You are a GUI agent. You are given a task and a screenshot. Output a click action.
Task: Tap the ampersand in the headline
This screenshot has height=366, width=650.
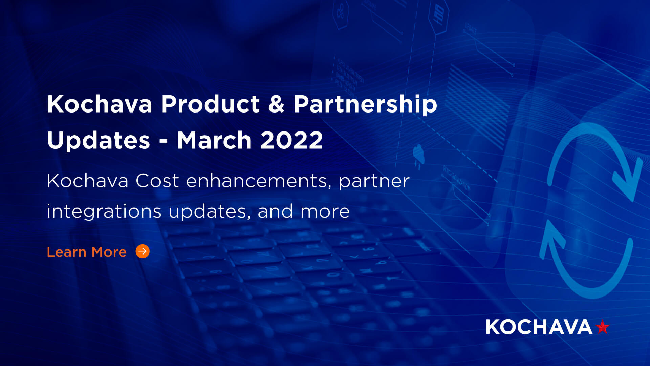point(276,104)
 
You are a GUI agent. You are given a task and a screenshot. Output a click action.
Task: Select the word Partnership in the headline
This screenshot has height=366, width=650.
point(365,104)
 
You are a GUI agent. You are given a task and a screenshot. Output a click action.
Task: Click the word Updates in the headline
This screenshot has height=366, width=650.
point(98,140)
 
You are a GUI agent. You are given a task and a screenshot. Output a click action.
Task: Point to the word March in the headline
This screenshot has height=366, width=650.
point(214,140)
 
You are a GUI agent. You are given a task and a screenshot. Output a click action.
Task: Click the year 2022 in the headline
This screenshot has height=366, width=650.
point(291,140)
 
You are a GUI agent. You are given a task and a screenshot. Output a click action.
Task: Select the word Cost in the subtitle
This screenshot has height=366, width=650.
point(157,181)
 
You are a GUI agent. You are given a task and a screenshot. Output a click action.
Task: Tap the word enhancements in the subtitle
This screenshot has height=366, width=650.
point(259,181)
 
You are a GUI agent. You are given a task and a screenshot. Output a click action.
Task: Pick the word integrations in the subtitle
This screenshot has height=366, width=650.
point(104,211)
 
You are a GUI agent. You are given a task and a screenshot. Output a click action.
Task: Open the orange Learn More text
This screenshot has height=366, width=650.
point(87,252)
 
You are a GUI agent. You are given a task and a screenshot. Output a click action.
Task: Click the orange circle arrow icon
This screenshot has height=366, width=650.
point(143,251)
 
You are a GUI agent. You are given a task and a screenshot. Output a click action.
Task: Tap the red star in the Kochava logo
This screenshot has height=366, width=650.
point(602,327)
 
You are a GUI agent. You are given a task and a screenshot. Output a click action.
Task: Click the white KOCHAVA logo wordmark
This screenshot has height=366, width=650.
point(539,327)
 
